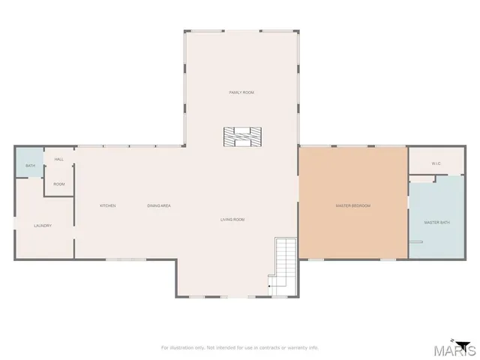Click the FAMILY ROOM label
pos(241,92)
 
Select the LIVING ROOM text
pos(232,220)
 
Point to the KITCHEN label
pos(108,205)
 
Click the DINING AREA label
pos(159,205)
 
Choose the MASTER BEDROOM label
pos(352,205)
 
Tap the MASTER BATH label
pos(436,223)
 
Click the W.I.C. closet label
pos(436,163)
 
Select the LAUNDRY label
pos(42,225)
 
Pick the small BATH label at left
pos(30,166)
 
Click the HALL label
pos(58,159)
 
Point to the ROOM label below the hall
pos(58,184)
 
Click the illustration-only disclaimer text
pos(240,347)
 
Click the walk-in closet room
pos(436,160)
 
